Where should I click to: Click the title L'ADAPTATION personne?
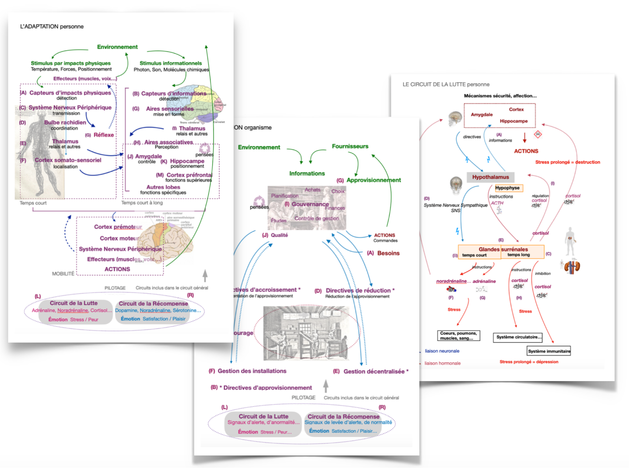point(52,27)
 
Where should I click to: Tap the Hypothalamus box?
point(490,177)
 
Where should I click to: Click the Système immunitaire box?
point(548,351)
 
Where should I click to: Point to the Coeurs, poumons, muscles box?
point(458,336)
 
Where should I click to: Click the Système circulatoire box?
point(518,337)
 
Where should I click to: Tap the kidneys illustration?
point(572,267)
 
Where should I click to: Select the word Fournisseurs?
point(350,146)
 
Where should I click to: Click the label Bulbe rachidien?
point(65,122)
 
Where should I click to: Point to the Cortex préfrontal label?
point(189,175)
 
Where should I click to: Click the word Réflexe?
point(104,135)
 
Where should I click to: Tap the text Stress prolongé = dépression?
point(529,362)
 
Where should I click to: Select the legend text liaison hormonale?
point(442,363)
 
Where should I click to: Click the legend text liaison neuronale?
point(442,351)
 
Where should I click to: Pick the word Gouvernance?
point(310,204)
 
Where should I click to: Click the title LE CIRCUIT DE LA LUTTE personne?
point(446,84)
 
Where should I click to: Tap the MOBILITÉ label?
point(63,274)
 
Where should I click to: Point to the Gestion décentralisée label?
point(374,371)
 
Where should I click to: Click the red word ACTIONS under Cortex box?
point(526,151)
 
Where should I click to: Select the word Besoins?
point(388,253)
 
